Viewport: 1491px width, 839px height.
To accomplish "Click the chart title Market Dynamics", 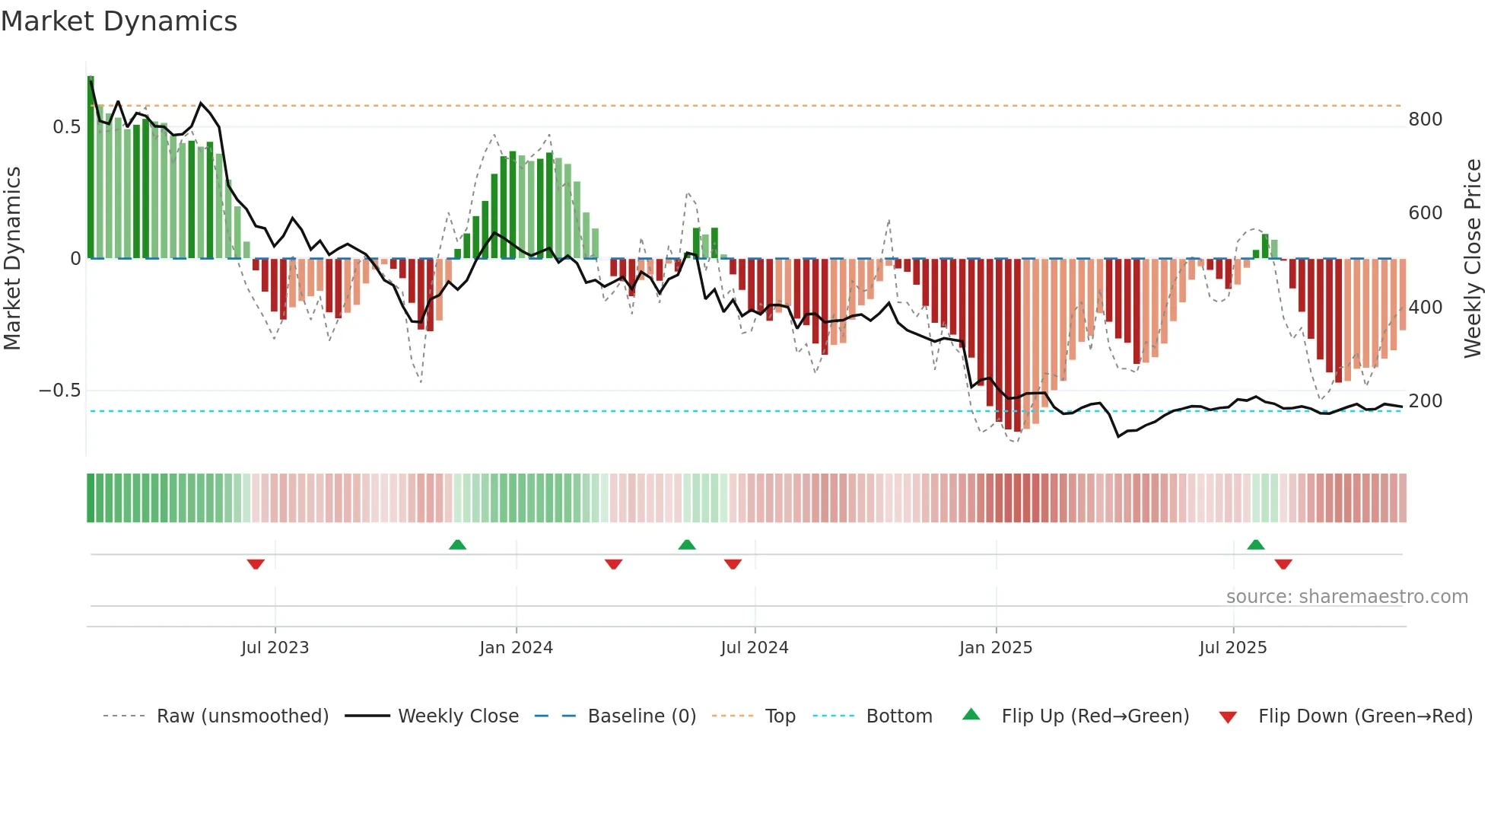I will [x=119, y=21].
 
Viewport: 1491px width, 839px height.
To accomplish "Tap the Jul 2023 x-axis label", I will [x=275, y=648].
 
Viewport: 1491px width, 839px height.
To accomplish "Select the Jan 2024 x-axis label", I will [x=516, y=648].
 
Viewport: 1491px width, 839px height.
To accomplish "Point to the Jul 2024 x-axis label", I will [x=754, y=648].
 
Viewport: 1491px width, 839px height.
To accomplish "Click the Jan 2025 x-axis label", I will [x=995, y=648].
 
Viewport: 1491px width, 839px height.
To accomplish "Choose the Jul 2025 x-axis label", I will [x=1232, y=648].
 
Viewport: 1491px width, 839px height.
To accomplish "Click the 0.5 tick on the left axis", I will [x=67, y=127].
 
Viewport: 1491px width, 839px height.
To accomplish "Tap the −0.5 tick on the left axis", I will [x=59, y=391].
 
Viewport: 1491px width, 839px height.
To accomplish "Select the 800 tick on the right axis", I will [x=1425, y=120].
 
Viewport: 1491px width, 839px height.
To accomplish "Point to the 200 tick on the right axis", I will [x=1425, y=401].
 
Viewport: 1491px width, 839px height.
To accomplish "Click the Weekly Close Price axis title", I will [x=1473, y=259].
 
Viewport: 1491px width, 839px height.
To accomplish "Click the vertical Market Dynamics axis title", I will [x=12, y=259].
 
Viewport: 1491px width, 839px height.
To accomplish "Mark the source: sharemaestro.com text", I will [x=1346, y=597].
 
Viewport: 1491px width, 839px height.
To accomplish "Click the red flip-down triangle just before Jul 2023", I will [x=256, y=564].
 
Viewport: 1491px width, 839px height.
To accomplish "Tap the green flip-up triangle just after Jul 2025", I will [x=1255, y=544].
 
